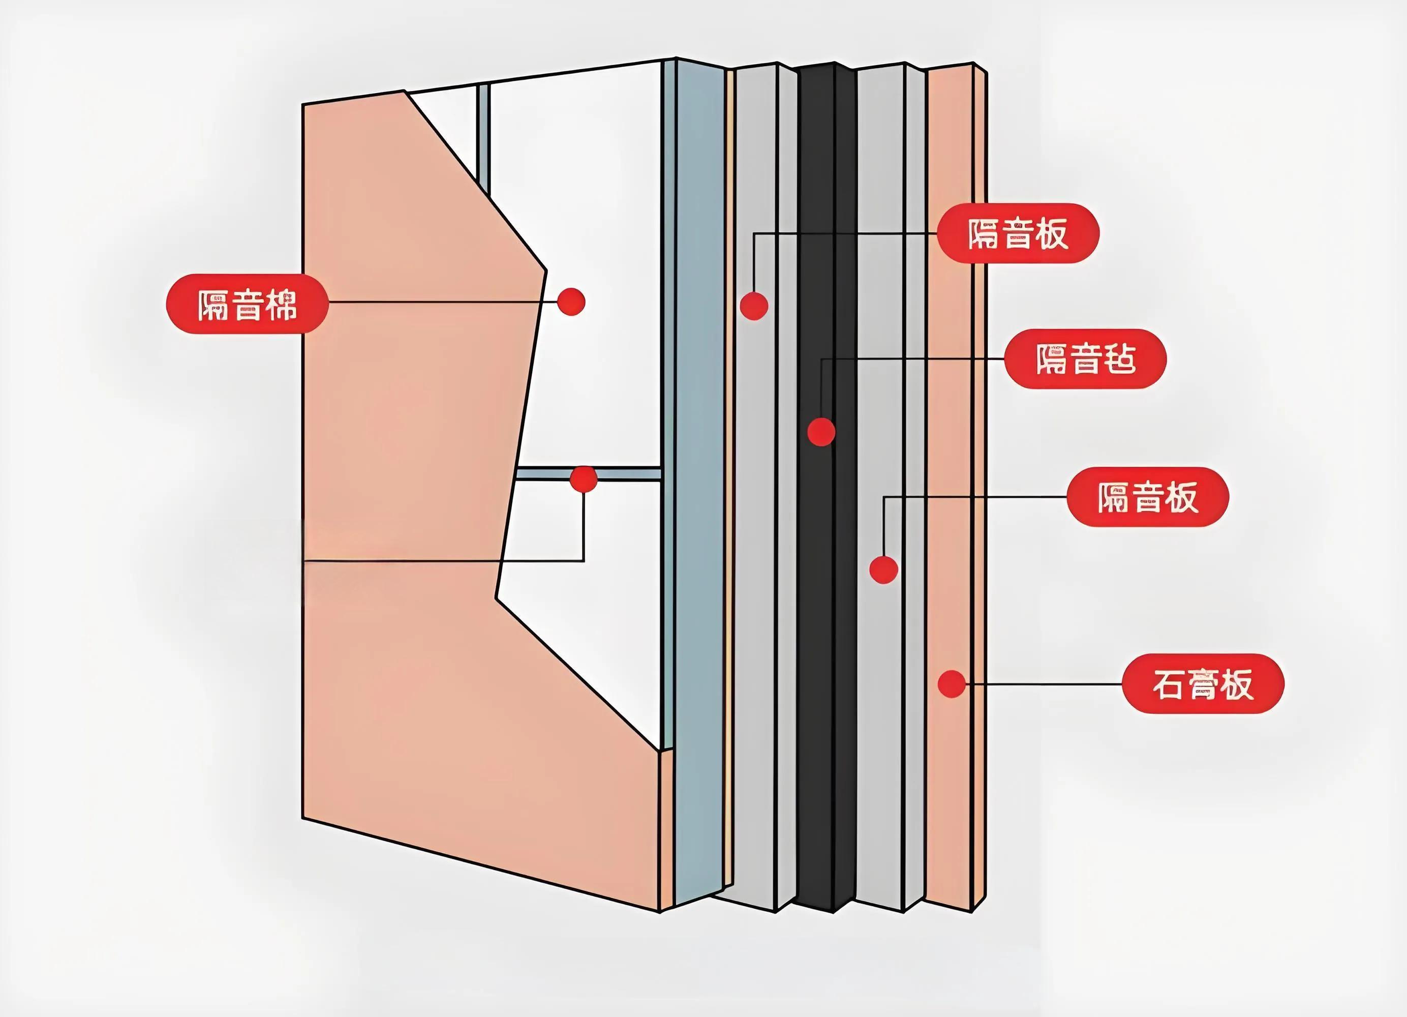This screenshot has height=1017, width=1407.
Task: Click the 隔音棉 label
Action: point(247,304)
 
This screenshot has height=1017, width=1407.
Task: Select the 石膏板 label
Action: point(1203,684)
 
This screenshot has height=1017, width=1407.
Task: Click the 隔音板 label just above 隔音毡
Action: point(1018,233)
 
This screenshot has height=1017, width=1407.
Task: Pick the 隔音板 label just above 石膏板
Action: point(1147,497)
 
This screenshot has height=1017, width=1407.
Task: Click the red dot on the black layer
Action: point(821,431)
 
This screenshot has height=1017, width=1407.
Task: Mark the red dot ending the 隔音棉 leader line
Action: point(571,302)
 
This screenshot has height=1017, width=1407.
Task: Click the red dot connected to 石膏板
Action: point(952,684)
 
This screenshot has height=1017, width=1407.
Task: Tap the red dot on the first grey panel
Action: point(754,305)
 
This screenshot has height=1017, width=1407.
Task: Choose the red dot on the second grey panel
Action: point(883,569)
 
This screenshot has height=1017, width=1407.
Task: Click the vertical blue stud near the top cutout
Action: point(483,130)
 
